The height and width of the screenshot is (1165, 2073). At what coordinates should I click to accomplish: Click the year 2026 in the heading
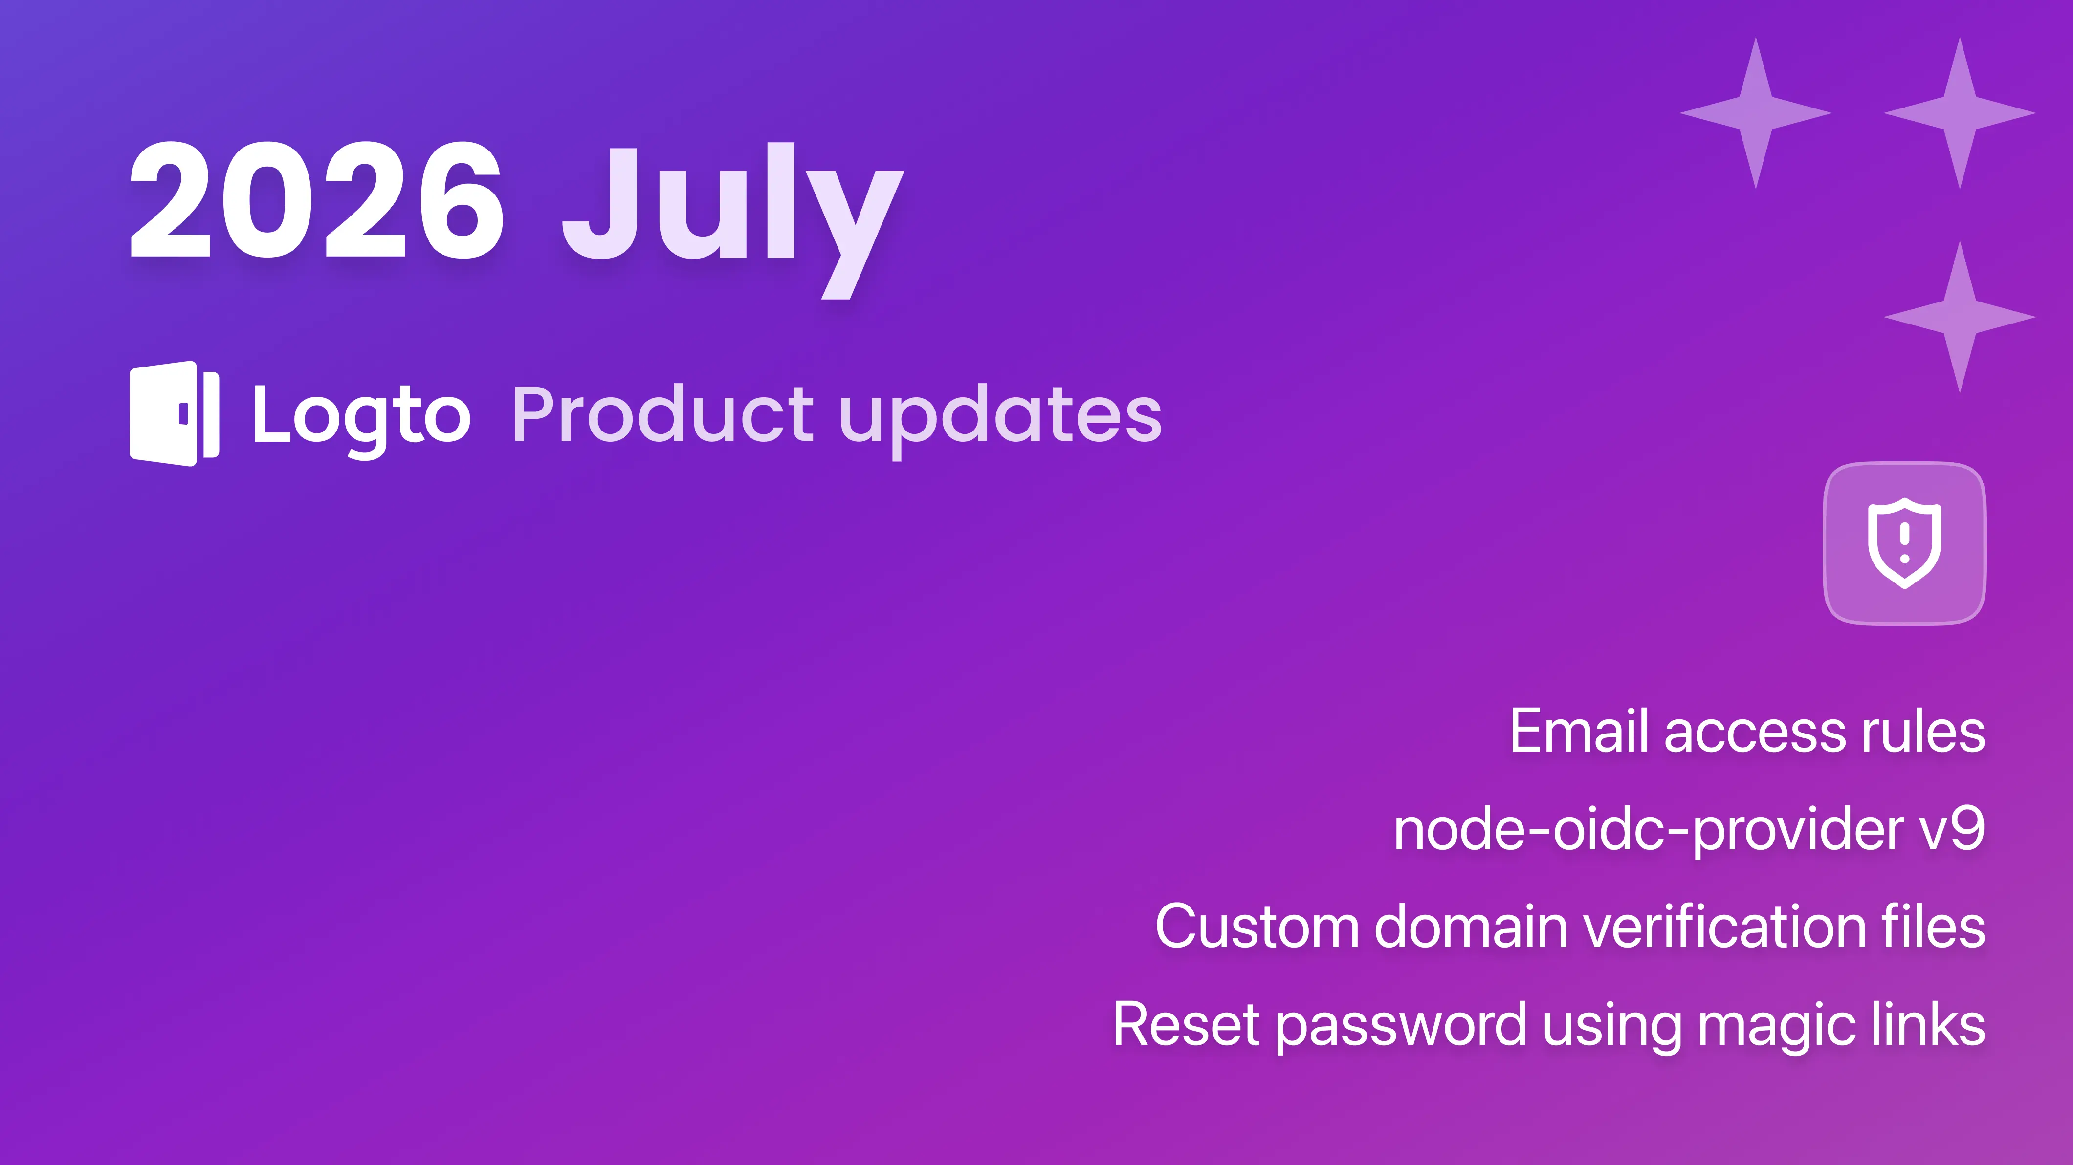pos(317,199)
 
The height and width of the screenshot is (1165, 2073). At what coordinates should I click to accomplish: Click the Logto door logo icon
pos(175,413)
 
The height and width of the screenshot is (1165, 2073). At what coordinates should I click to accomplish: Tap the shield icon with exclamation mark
pos(1904,543)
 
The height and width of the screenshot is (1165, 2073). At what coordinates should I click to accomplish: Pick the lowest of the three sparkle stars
pos(1960,317)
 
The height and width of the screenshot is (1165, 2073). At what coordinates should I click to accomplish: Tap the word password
pos(1401,1027)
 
